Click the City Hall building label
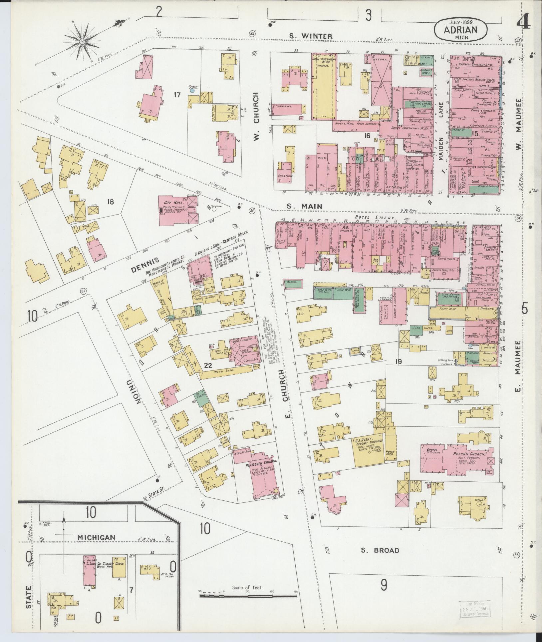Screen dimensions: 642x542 tap(170, 203)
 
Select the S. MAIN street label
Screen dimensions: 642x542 tap(305, 207)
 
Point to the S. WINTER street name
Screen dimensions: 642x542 tap(310, 36)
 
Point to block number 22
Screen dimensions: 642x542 tap(208, 365)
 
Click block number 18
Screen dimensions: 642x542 tap(111, 201)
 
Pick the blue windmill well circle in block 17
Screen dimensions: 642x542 tap(192, 90)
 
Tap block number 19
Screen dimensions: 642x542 tap(399, 361)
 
